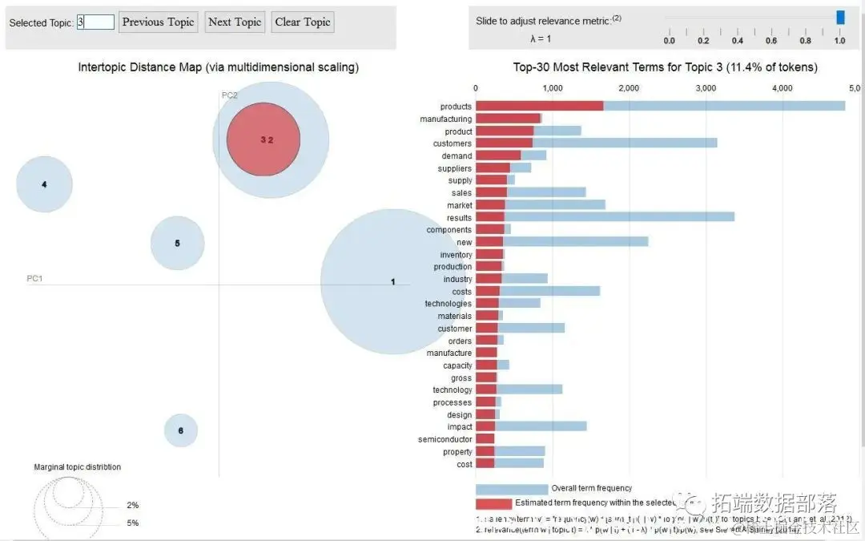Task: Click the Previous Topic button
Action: [x=159, y=22]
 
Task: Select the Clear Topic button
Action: [x=303, y=22]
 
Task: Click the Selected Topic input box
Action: [x=95, y=22]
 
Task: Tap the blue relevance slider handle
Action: [x=840, y=17]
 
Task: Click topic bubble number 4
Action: [x=44, y=184]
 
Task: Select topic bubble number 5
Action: [x=177, y=243]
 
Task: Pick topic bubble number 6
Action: [x=181, y=430]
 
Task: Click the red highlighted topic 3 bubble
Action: [x=264, y=139]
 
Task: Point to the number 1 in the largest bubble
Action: [x=392, y=282]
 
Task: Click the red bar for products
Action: [x=539, y=106]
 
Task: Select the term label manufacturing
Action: [x=445, y=119]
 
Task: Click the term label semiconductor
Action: [x=445, y=439]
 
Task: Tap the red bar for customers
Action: [x=504, y=143]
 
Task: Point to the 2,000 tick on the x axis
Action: [x=629, y=87]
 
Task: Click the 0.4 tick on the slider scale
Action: [x=738, y=40]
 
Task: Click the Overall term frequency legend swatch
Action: [x=511, y=489]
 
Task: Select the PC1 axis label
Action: [x=34, y=278]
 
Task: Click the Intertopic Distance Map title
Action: [x=218, y=67]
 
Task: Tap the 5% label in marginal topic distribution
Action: [x=132, y=523]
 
